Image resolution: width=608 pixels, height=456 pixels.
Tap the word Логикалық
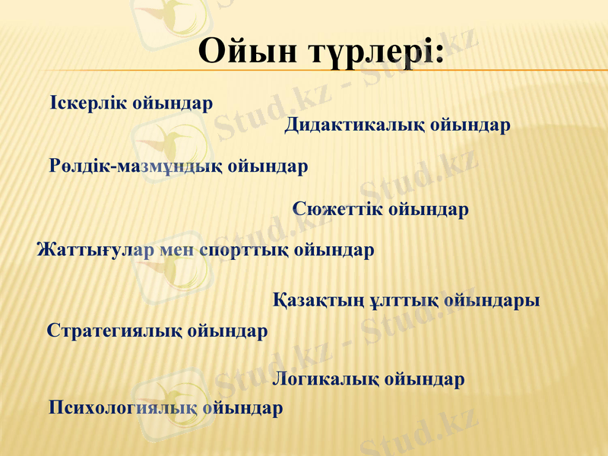tap(326, 378)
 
